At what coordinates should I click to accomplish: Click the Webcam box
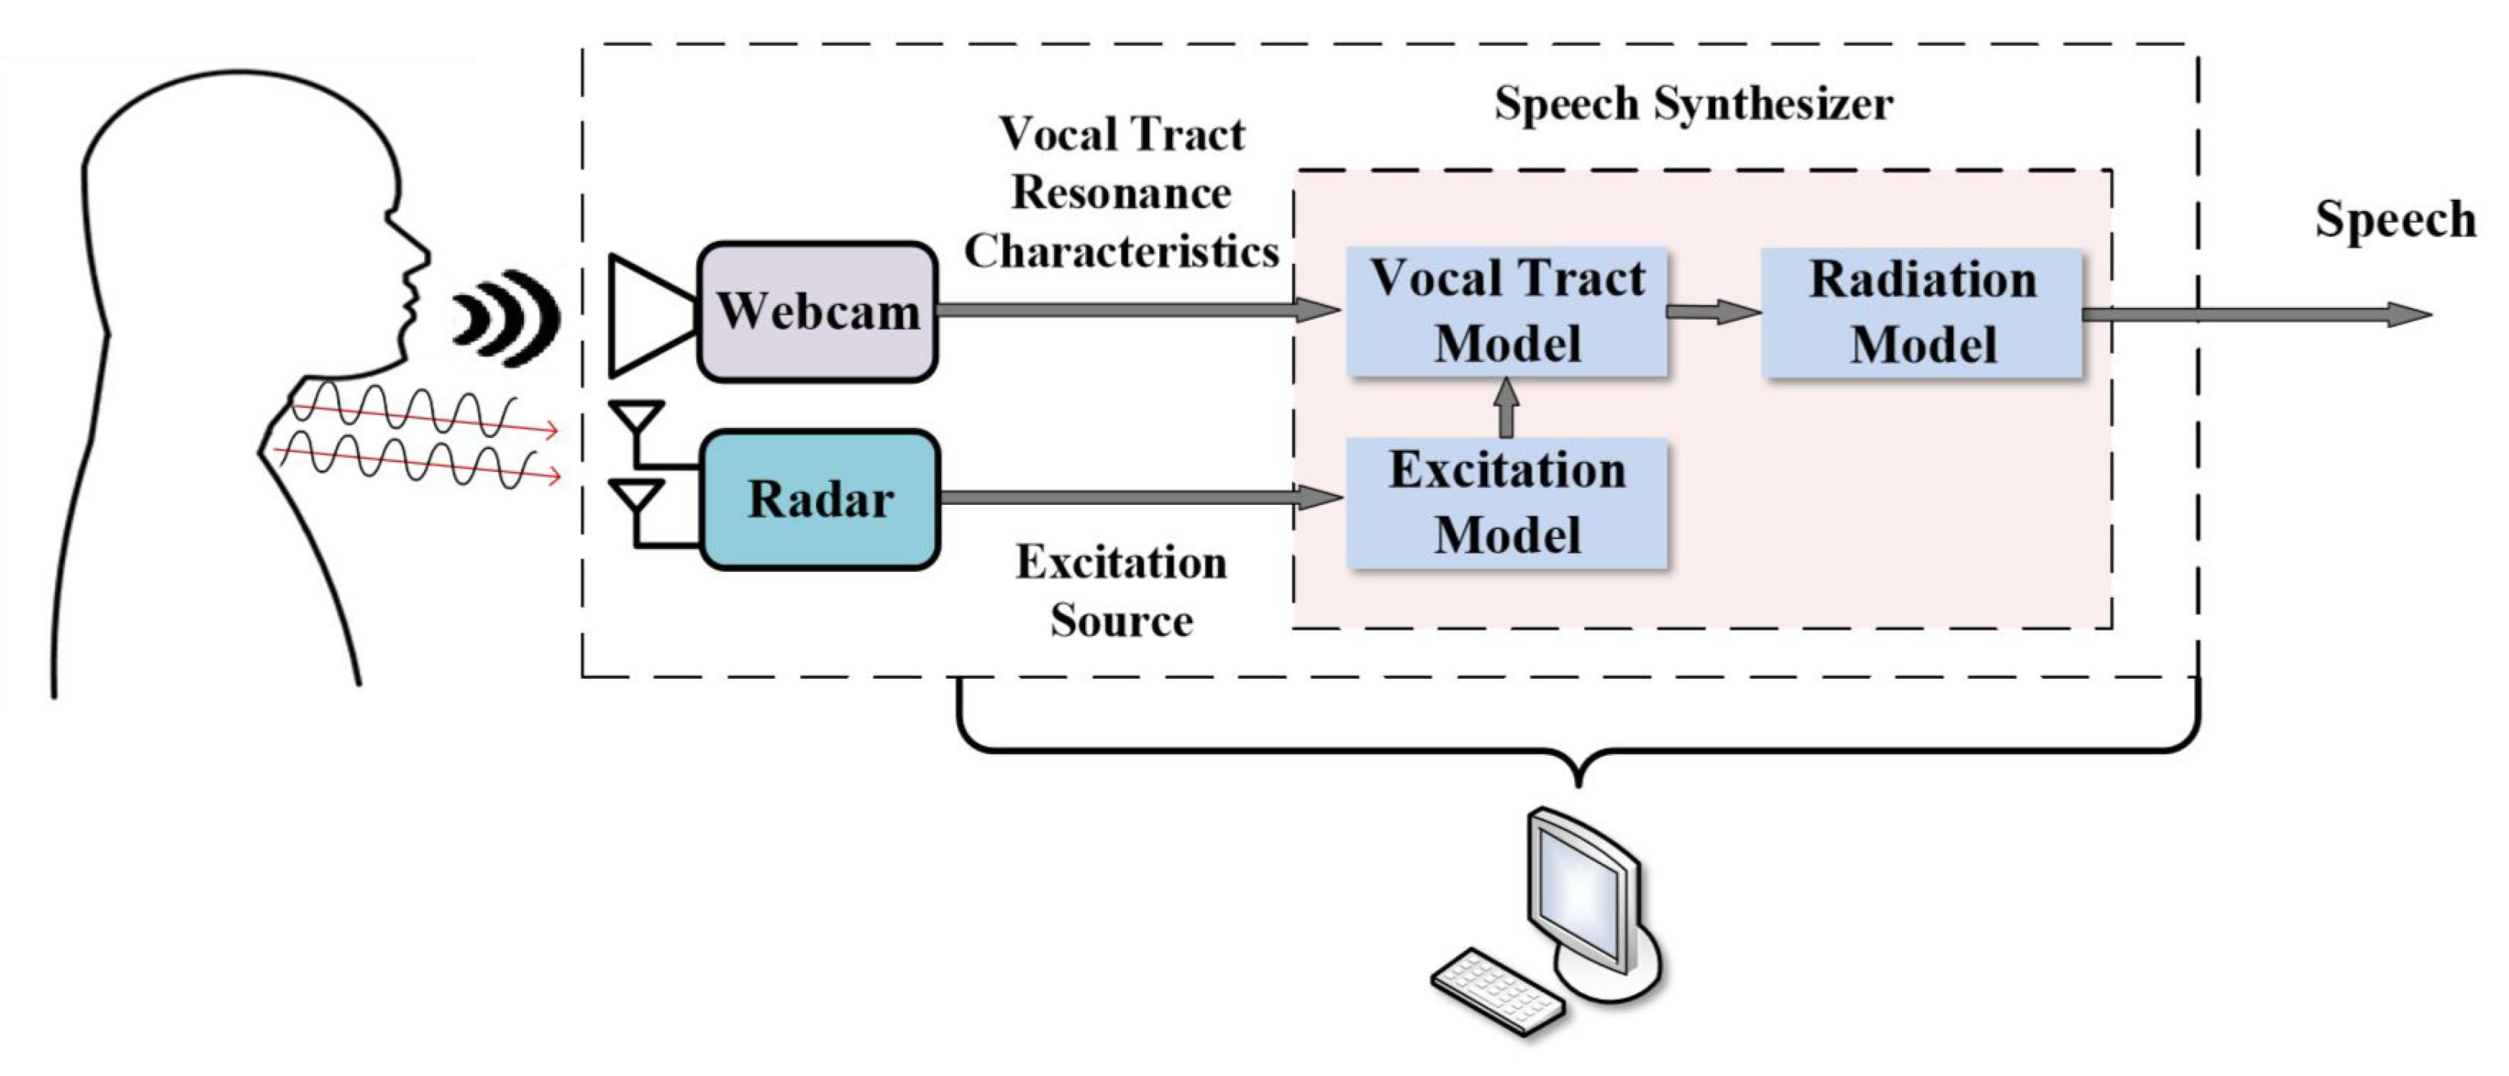click(x=818, y=312)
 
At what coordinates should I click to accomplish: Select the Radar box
click(x=819, y=499)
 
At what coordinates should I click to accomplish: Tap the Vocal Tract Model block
click(x=1507, y=312)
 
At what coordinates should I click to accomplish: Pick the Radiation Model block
click(x=1922, y=313)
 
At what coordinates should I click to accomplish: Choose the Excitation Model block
click(x=1507, y=503)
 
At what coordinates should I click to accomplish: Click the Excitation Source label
click(x=1121, y=591)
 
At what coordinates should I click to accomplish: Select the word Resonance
click(x=1121, y=193)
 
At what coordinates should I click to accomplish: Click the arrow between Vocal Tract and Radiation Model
click(x=1714, y=312)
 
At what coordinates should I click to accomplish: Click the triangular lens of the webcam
click(x=647, y=314)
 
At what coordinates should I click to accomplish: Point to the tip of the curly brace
click(x=1579, y=784)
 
